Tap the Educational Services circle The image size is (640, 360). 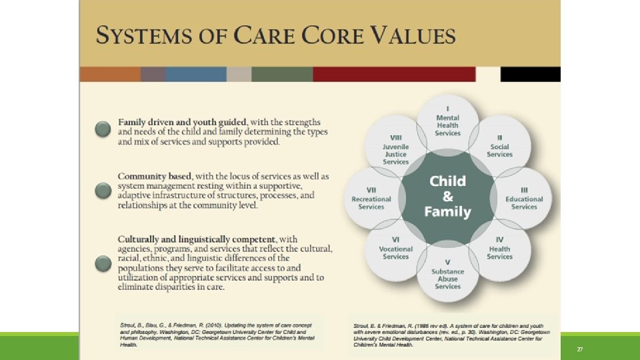tap(523, 199)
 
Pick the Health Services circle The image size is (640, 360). tap(500, 250)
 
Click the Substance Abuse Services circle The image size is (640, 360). tap(447, 275)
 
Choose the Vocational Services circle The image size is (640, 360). tap(396, 251)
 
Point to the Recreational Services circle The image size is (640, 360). tap(372, 199)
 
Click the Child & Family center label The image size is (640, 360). tap(447, 197)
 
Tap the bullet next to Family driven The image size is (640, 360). tap(102, 129)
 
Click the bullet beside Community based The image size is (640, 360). tap(102, 191)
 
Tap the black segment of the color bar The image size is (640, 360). tap(530, 74)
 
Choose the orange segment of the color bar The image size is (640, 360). tap(110, 74)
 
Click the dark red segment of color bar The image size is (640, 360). tap(394, 74)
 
